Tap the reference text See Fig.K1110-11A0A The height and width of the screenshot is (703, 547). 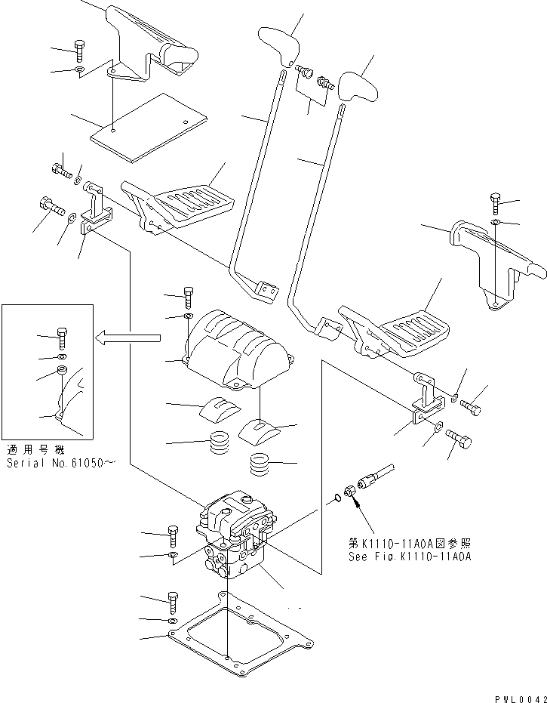410,556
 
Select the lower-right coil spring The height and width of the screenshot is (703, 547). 261,463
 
